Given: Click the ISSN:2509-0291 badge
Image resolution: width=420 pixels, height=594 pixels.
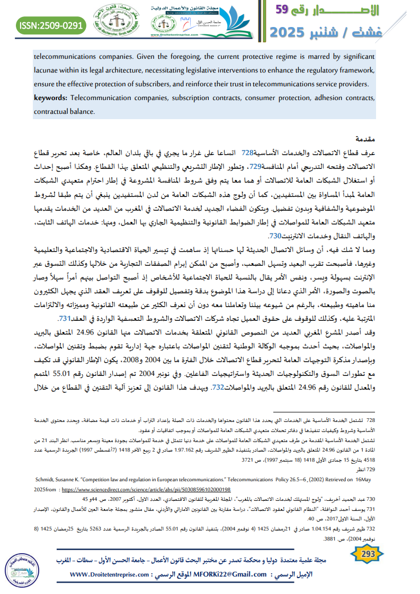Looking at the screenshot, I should pos(51,24).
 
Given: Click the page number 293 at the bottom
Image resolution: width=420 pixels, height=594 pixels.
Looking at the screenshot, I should pos(367,554).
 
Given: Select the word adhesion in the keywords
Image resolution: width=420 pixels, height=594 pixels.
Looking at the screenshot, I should pos(307,98).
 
